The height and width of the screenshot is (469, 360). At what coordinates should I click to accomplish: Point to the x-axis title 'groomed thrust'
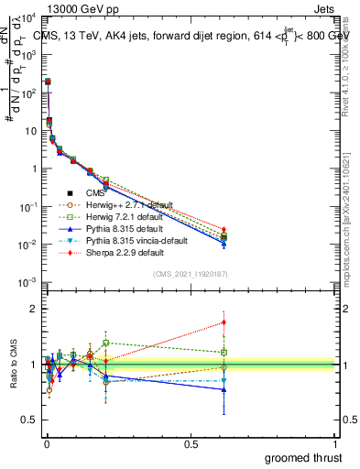pyautogui.click(x=303, y=457)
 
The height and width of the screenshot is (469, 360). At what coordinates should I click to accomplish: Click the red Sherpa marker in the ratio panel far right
pyautogui.click(x=224, y=322)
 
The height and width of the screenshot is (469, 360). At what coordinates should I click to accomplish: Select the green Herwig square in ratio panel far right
pyautogui.click(x=224, y=352)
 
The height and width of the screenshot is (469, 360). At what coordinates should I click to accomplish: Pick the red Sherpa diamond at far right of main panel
pyautogui.click(x=224, y=229)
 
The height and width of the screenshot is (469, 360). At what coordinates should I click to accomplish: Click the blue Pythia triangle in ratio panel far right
pyautogui.click(x=224, y=389)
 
